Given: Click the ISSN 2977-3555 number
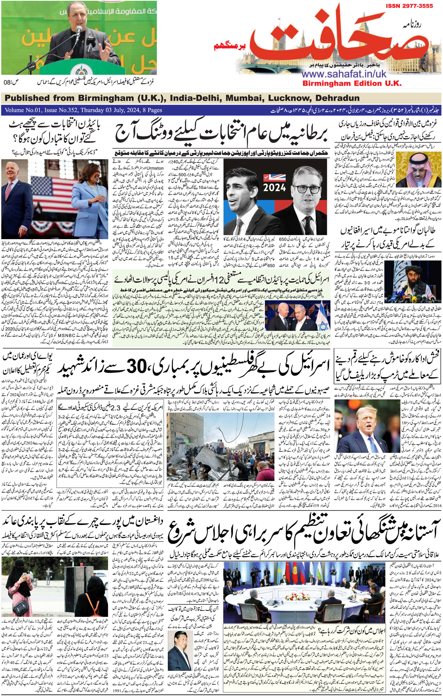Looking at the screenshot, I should click(x=409, y=6).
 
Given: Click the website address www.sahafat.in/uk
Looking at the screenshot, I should click(x=344, y=74).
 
